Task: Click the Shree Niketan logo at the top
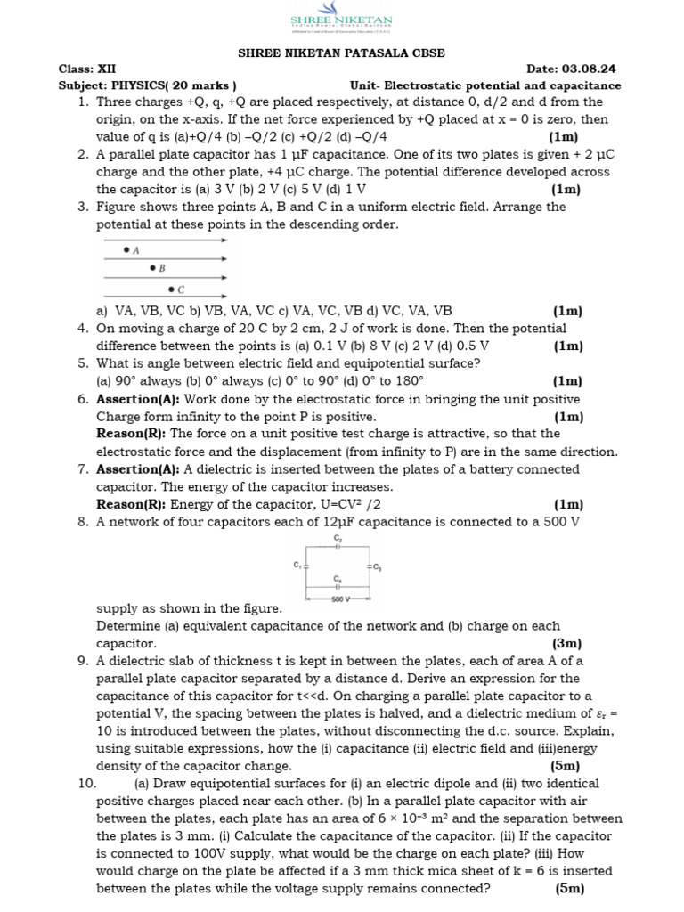point(342,23)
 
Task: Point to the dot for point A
point(126,250)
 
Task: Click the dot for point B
point(152,267)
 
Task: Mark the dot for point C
point(171,289)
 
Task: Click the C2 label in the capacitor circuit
point(338,539)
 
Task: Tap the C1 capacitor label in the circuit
point(297,565)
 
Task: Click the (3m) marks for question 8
point(566,643)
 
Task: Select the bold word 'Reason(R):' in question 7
point(131,505)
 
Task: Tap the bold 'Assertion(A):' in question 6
point(138,399)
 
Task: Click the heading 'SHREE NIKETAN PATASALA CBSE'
point(342,53)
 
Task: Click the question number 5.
point(82,363)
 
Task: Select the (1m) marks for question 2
point(565,189)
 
